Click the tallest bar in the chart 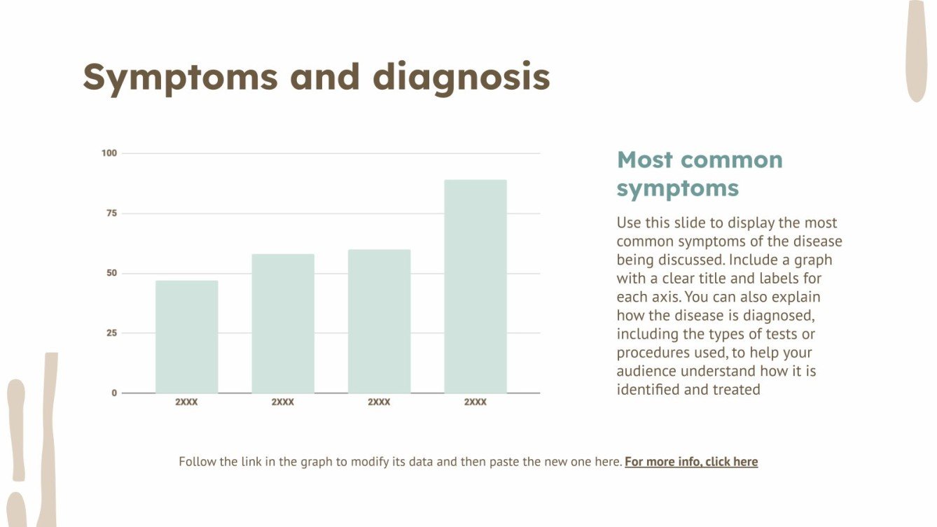[x=475, y=286]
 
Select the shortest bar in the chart [x=186, y=337]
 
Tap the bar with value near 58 [x=283, y=323]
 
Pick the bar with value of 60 [x=379, y=321]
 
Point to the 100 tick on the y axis [x=109, y=153]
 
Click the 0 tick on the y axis [x=114, y=393]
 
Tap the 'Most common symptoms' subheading [x=699, y=174]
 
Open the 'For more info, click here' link [x=691, y=462]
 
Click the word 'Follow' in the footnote [x=198, y=462]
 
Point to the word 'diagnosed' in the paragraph [x=778, y=316]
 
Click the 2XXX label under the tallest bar [x=475, y=402]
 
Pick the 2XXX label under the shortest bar [x=186, y=402]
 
